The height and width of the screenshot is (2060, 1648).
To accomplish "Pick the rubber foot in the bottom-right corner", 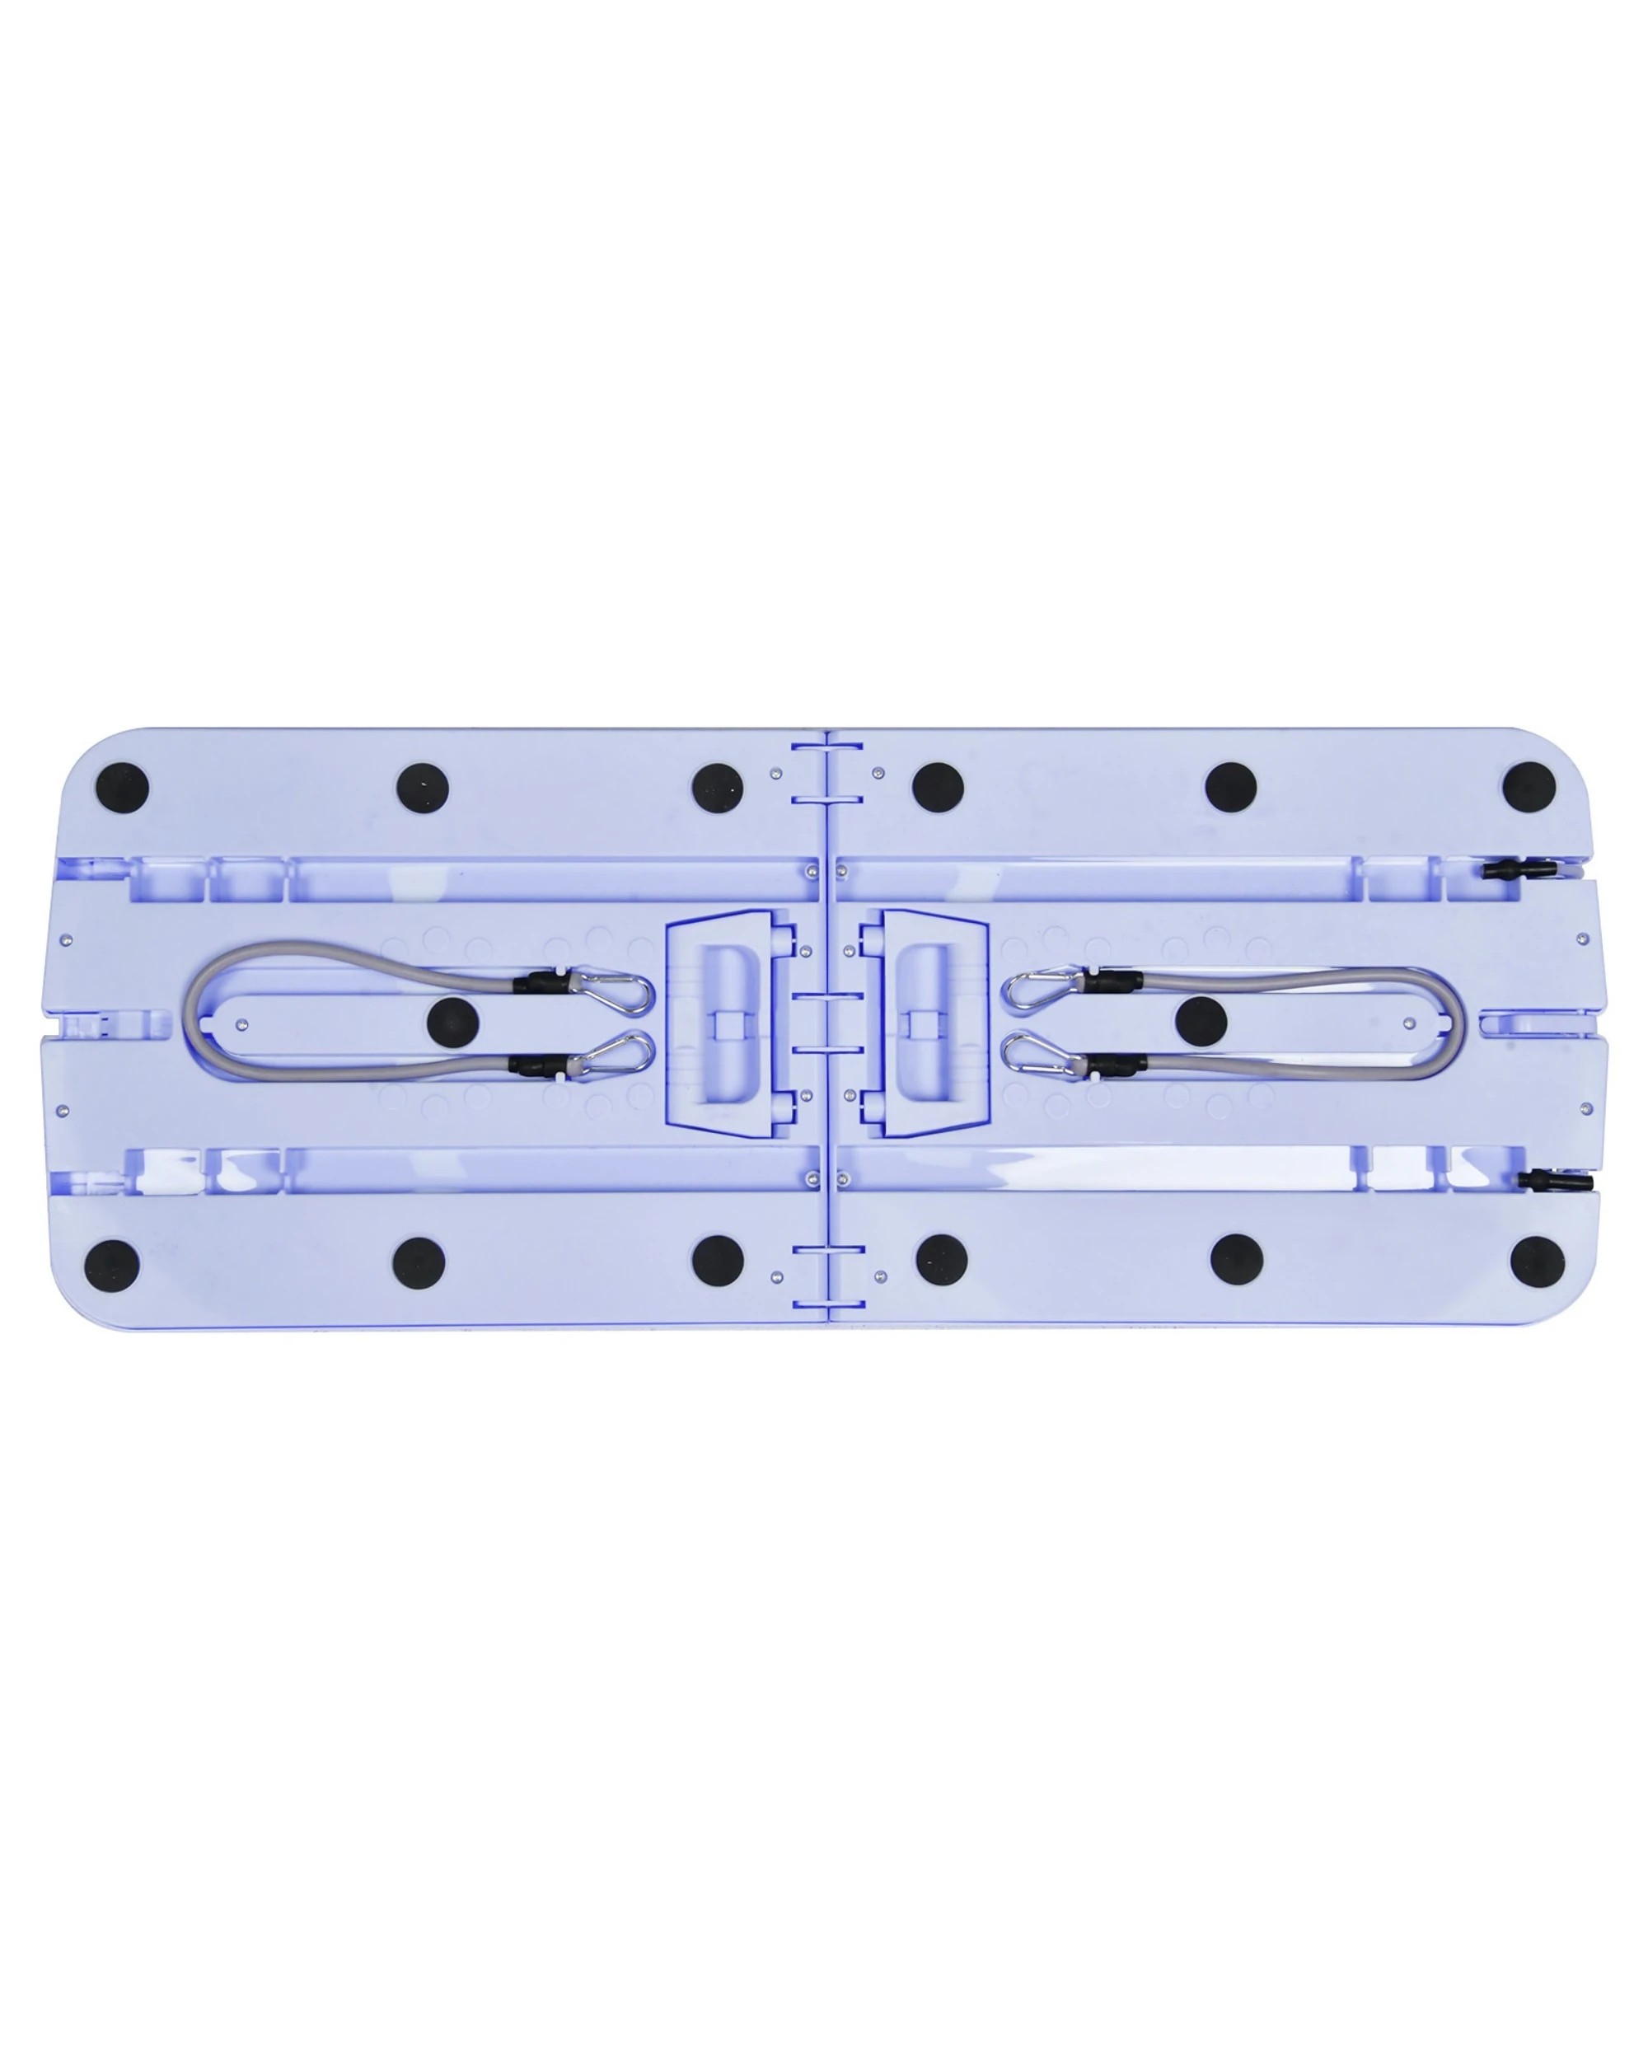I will pyautogui.click(x=1538, y=1263).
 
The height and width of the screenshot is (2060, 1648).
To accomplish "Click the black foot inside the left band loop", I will pyautogui.click(x=453, y=1023).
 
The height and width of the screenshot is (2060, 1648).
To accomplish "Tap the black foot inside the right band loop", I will pyautogui.click(x=1201, y=1022).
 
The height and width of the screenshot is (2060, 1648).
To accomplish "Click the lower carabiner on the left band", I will pyautogui.click(x=616, y=1052).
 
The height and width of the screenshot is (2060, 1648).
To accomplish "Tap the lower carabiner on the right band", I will pyautogui.click(x=1039, y=1053).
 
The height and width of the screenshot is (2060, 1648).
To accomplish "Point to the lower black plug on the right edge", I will pyautogui.click(x=1556, y=1181).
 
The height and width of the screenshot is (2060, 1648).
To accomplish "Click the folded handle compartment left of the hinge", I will pyautogui.click(x=731, y=1023).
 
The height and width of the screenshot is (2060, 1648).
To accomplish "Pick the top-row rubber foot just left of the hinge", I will pyautogui.click(x=718, y=789).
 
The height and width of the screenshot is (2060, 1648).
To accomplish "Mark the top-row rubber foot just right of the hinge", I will pyautogui.click(x=937, y=786).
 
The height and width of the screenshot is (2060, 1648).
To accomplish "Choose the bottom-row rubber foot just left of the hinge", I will pyautogui.click(x=718, y=1262).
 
